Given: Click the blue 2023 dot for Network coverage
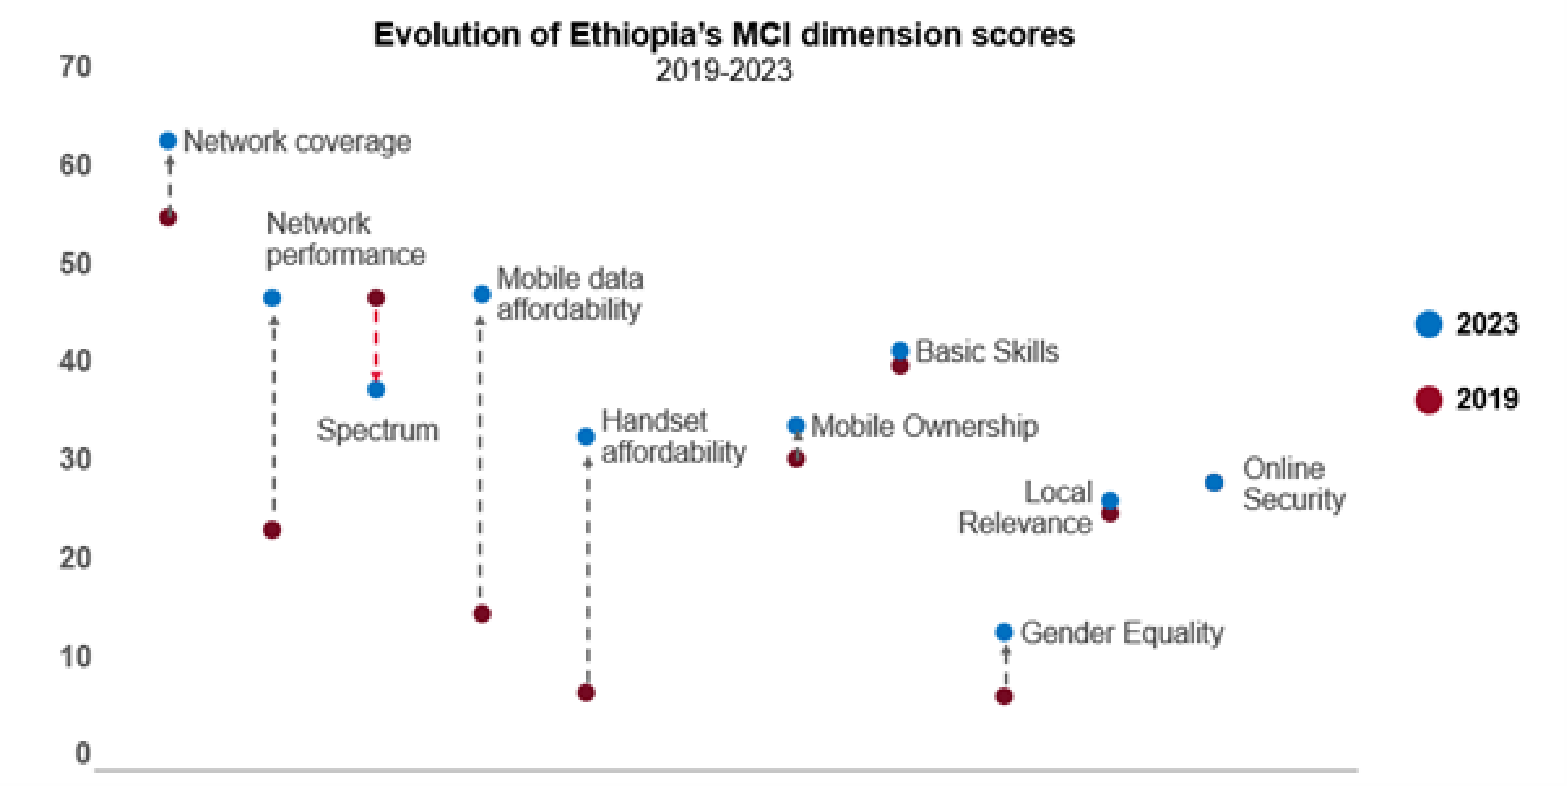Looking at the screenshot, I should pyautogui.click(x=168, y=140).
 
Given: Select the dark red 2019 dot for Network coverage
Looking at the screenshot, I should pyautogui.click(x=168, y=217).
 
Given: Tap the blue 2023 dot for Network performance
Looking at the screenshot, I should pyautogui.click(x=272, y=298).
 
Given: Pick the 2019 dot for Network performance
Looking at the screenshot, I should pyautogui.click(x=272, y=530).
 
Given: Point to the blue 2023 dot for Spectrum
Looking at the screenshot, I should pyautogui.click(x=376, y=389).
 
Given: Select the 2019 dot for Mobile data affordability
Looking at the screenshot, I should pyautogui.click(x=482, y=614).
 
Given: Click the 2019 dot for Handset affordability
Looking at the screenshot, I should pyautogui.click(x=586, y=692).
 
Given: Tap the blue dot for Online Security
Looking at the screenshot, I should pyautogui.click(x=1214, y=482).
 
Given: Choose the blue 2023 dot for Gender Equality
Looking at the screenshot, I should pyautogui.click(x=1004, y=632).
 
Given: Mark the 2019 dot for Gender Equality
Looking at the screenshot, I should pyautogui.click(x=1004, y=696).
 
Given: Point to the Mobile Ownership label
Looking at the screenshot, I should pyautogui.click(x=924, y=426).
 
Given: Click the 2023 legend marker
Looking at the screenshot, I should pyautogui.click(x=1428, y=324).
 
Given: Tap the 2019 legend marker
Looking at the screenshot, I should pyautogui.click(x=1428, y=400).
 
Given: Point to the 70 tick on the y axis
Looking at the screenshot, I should pyautogui.click(x=76, y=66).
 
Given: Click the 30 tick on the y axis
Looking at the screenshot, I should pyautogui.click(x=76, y=459).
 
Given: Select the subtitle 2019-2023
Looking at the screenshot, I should pyautogui.click(x=724, y=71).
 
